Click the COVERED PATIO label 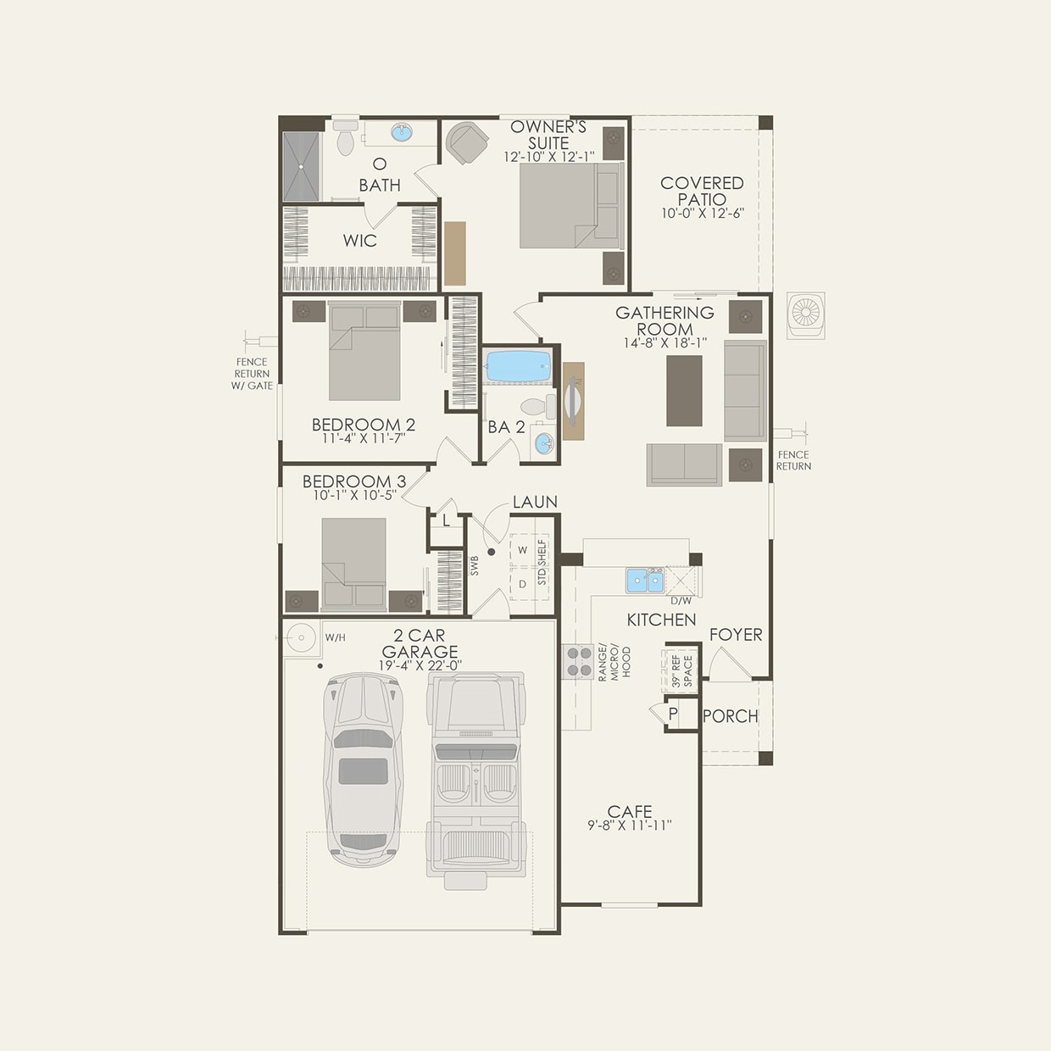point(702,191)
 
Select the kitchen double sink point(645,581)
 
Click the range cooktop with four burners point(578,661)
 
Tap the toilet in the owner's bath point(345,138)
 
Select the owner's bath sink point(401,133)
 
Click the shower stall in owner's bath point(302,166)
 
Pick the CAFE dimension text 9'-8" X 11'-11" point(630,826)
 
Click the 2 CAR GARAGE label point(420,643)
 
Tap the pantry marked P point(673,714)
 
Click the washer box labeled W point(523,550)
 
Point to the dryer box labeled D point(523,584)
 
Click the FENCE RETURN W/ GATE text point(252,374)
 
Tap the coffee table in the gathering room point(684,391)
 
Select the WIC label point(359,241)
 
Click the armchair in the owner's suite point(467,142)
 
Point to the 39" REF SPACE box point(681,671)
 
